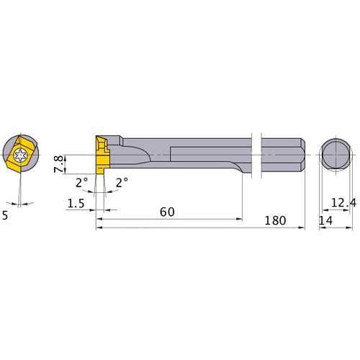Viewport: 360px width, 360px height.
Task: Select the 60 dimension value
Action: pos(167,212)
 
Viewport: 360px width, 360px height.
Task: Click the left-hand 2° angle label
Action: pos(82,183)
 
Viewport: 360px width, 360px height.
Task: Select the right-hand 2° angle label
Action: pos(122,183)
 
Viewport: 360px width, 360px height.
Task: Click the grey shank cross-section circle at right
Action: pos(335,154)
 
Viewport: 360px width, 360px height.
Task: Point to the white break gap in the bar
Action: pos(256,154)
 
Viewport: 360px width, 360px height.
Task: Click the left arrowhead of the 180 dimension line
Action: pos(99,228)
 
